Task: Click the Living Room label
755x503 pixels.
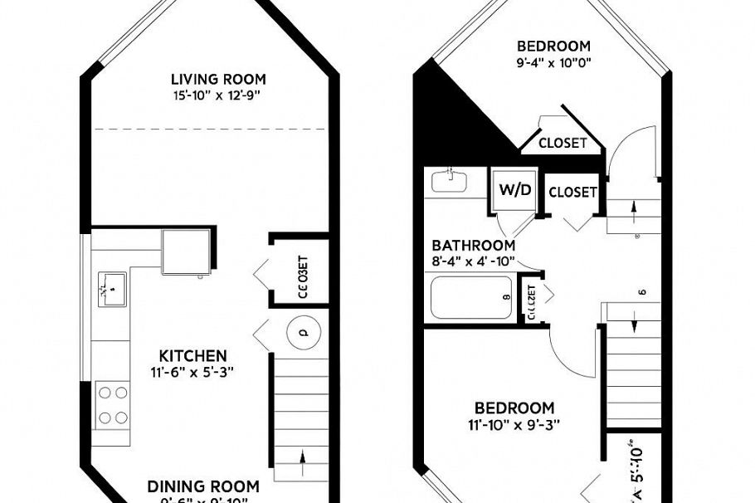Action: tap(218, 80)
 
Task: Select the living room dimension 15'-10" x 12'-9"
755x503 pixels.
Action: tap(218, 95)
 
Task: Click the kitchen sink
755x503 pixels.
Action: tap(110, 290)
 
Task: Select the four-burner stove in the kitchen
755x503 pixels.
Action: tap(113, 403)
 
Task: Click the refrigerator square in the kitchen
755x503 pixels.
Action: tap(186, 251)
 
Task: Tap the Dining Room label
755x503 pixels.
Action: tap(203, 486)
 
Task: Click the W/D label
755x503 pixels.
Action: tap(514, 189)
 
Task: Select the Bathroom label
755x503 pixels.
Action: tap(473, 246)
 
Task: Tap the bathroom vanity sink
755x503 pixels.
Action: tap(449, 180)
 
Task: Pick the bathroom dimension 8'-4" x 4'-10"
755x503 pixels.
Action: tap(473, 261)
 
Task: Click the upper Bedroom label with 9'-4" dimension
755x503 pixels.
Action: tap(553, 46)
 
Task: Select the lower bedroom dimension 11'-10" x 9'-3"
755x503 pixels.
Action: tap(514, 423)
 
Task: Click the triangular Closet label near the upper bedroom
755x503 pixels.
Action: tap(563, 143)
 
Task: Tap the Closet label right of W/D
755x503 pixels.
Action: tap(572, 192)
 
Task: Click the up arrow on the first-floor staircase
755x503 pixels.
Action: tap(301, 457)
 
